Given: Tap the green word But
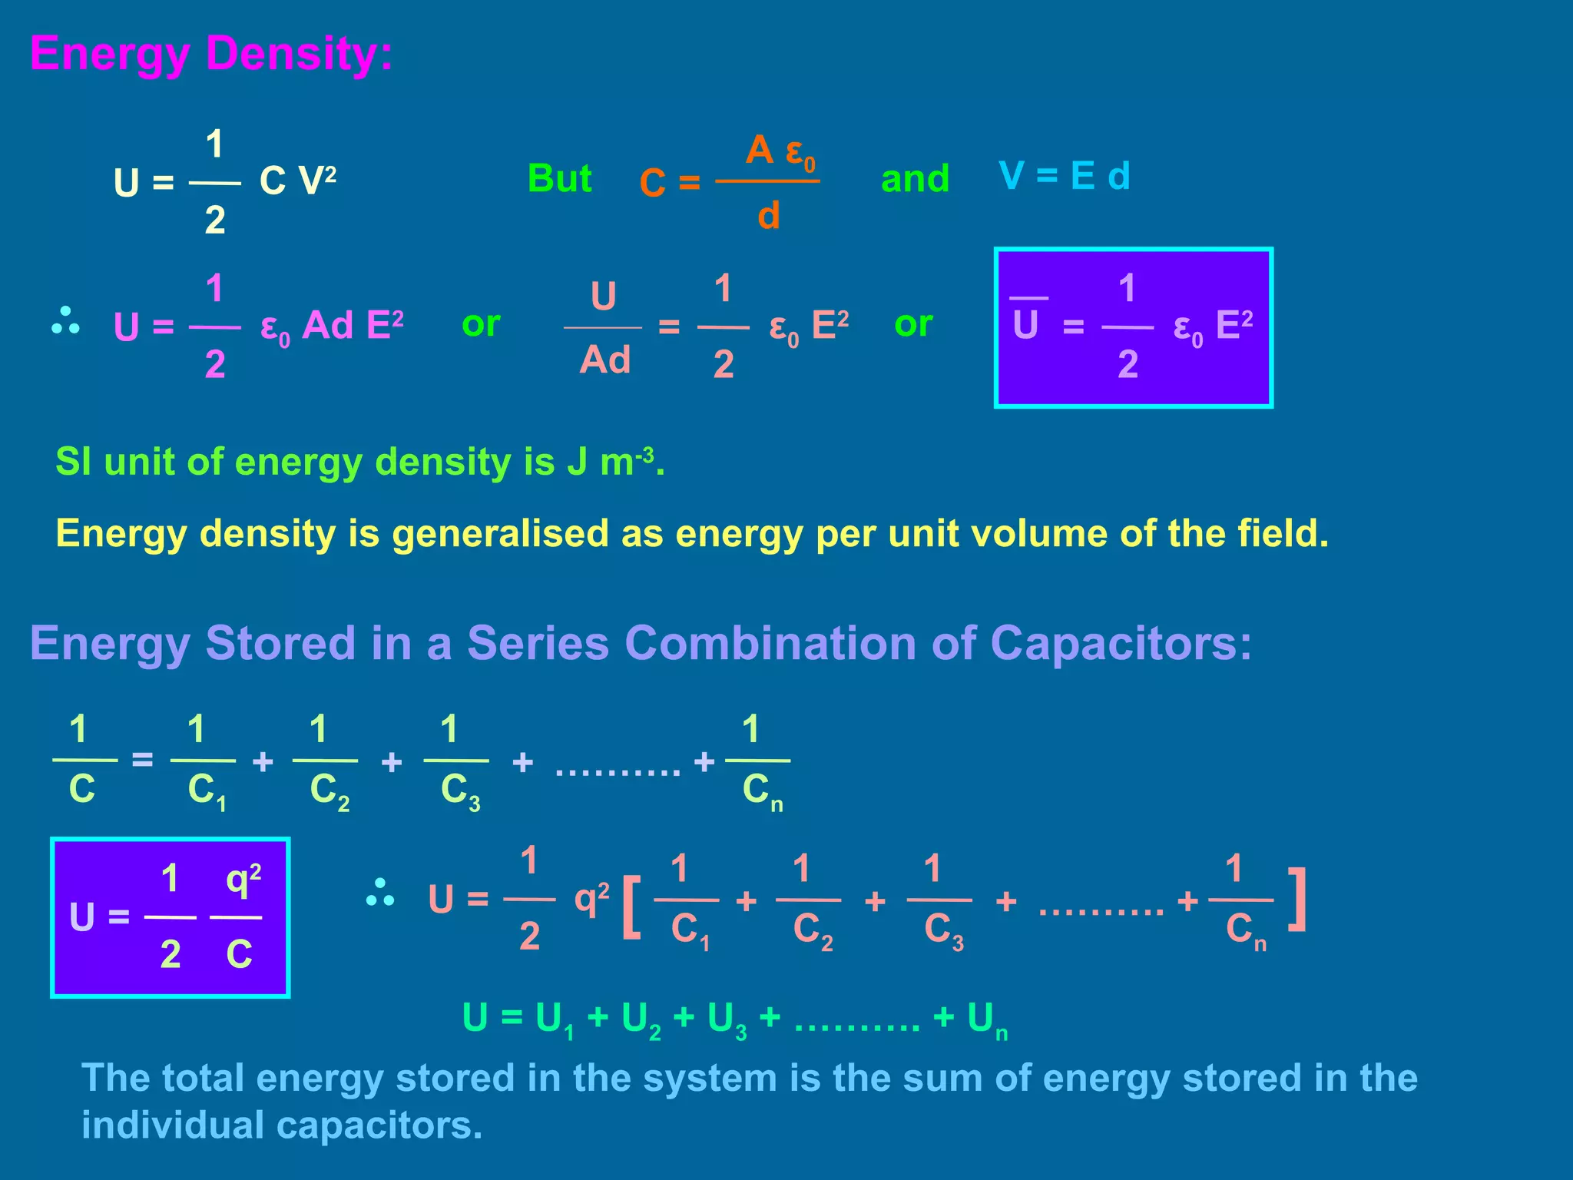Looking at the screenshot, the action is coord(559,178).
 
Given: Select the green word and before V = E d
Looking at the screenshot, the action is coord(915,178).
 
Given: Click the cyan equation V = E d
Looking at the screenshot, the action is coord(1064,176).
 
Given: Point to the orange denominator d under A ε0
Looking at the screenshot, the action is coord(768,216).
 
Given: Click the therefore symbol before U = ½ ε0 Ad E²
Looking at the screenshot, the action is coord(65,321).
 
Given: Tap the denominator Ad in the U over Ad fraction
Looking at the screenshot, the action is coord(604,360).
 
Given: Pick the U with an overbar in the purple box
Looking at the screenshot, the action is coord(1026,323).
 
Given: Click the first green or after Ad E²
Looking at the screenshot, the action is coord(481,323).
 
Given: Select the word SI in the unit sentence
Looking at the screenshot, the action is coord(73,462).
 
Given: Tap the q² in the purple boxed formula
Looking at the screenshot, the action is coord(243,880).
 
